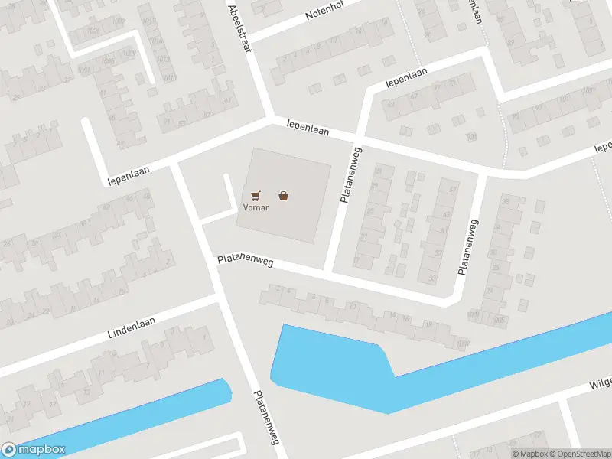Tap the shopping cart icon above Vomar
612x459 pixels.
255,195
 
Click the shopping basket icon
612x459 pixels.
284,196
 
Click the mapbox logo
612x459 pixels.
34,450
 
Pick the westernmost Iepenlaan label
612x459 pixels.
128,173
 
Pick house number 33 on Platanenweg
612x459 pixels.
432,278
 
